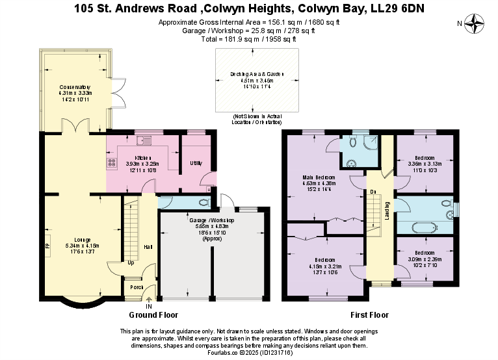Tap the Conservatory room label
(75, 87)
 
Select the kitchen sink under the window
(144, 138)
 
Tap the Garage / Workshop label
(212, 221)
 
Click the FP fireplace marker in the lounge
(47, 246)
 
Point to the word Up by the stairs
(131, 263)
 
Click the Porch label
(137, 287)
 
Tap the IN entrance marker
(149, 306)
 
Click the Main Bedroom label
(319, 177)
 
